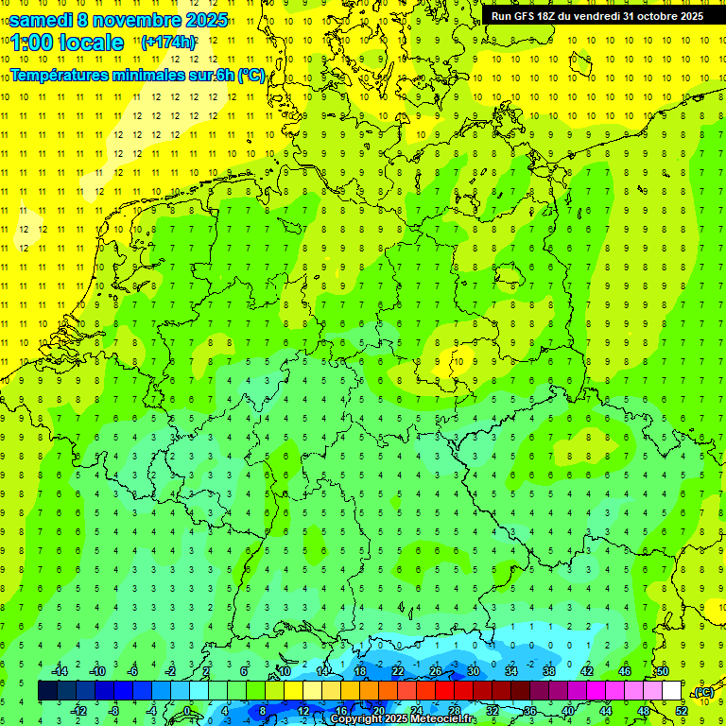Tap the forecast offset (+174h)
(167, 43)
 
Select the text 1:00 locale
(67, 43)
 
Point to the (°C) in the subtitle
(250, 75)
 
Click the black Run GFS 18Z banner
(596, 16)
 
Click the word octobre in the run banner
(648, 16)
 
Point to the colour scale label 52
(682, 711)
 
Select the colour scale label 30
(473, 670)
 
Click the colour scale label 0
(187, 711)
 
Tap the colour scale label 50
(663, 670)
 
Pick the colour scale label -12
(79, 711)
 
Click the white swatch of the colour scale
(671, 691)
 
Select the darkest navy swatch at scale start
(47, 691)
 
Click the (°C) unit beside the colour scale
(702, 692)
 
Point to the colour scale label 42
(586, 670)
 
